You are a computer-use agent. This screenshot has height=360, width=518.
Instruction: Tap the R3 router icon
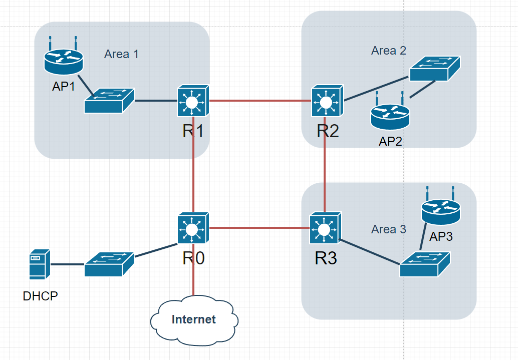pyautogui.click(x=325, y=229)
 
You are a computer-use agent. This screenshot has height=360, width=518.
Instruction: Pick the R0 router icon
pyautogui.click(x=193, y=229)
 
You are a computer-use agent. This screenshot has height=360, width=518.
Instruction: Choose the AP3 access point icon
pyautogui.click(x=440, y=210)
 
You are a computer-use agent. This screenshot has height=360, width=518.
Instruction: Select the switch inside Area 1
pyautogui.click(x=109, y=101)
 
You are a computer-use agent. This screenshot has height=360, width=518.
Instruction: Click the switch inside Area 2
pyautogui.click(x=435, y=69)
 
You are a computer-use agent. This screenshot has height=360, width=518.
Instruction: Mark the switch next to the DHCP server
pyautogui.click(x=109, y=264)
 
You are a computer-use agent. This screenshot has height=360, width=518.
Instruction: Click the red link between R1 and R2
pyautogui.click(x=260, y=101)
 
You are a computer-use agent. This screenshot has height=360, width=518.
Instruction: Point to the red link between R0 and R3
pyautogui.click(x=258, y=228)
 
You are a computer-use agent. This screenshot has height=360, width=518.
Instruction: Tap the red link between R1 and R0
pyautogui.click(x=193, y=165)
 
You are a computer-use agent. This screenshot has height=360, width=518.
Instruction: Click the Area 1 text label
pyautogui.click(x=121, y=54)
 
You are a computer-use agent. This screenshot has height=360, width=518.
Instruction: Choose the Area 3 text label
pyautogui.click(x=388, y=229)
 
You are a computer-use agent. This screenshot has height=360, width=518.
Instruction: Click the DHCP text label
pyautogui.click(x=40, y=296)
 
